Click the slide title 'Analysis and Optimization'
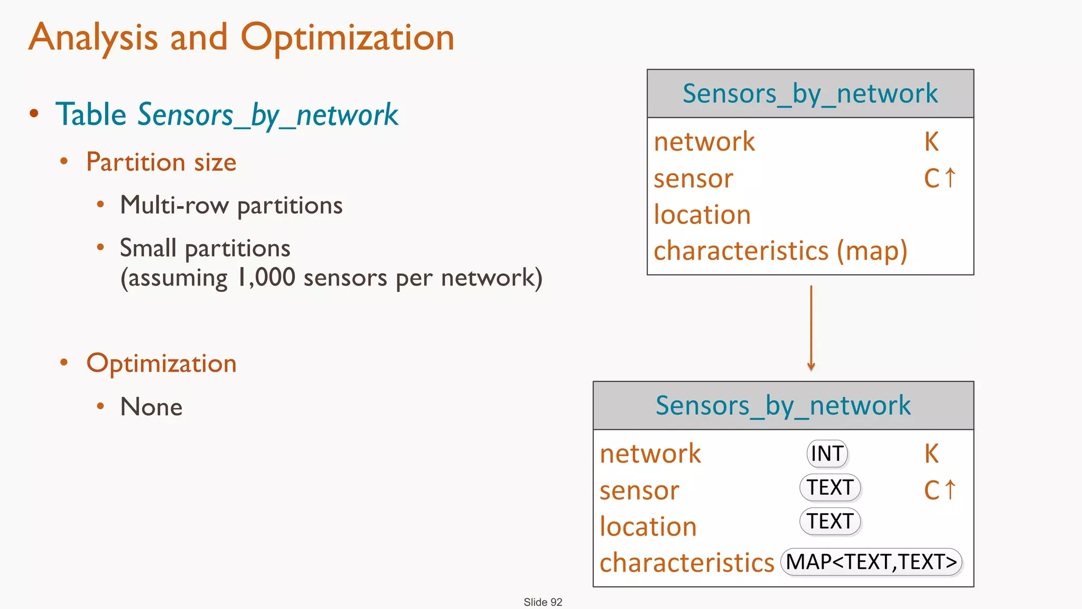(241, 38)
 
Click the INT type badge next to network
(827, 454)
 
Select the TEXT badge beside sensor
(830, 487)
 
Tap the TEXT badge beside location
(830, 521)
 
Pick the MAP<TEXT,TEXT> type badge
(871, 562)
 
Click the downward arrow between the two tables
(811, 328)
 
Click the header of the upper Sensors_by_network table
(810, 94)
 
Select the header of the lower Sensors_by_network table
(783, 405)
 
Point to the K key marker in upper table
(931, 142)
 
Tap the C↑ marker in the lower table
(940, 490)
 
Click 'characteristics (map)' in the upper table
(780, 251)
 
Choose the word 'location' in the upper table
(702, 215)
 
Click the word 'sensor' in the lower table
(639, 491)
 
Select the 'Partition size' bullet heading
(161, 162)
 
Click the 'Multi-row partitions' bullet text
(231, 205)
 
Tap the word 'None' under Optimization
(151, 407)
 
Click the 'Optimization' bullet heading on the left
(161, 364)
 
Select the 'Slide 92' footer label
(543, 602)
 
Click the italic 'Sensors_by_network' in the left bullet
(268, 115)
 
